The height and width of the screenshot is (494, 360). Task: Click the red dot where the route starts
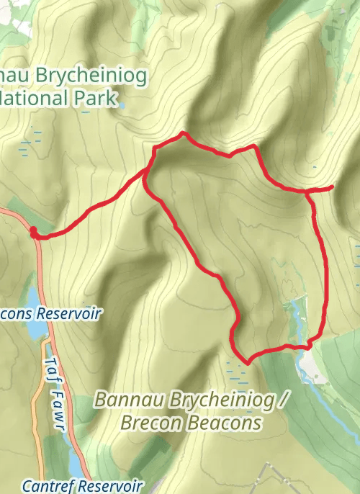pos(33,231)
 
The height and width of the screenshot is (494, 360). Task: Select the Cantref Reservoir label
pos(82,486)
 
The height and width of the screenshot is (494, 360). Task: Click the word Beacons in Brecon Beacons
pos(225,423)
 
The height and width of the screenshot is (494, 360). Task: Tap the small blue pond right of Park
pos(122,105)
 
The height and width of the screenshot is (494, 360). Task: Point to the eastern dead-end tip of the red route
pos(333,187)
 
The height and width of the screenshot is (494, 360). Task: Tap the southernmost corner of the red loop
pos(247,362)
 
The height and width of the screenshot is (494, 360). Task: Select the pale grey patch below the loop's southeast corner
pos(311,369)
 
